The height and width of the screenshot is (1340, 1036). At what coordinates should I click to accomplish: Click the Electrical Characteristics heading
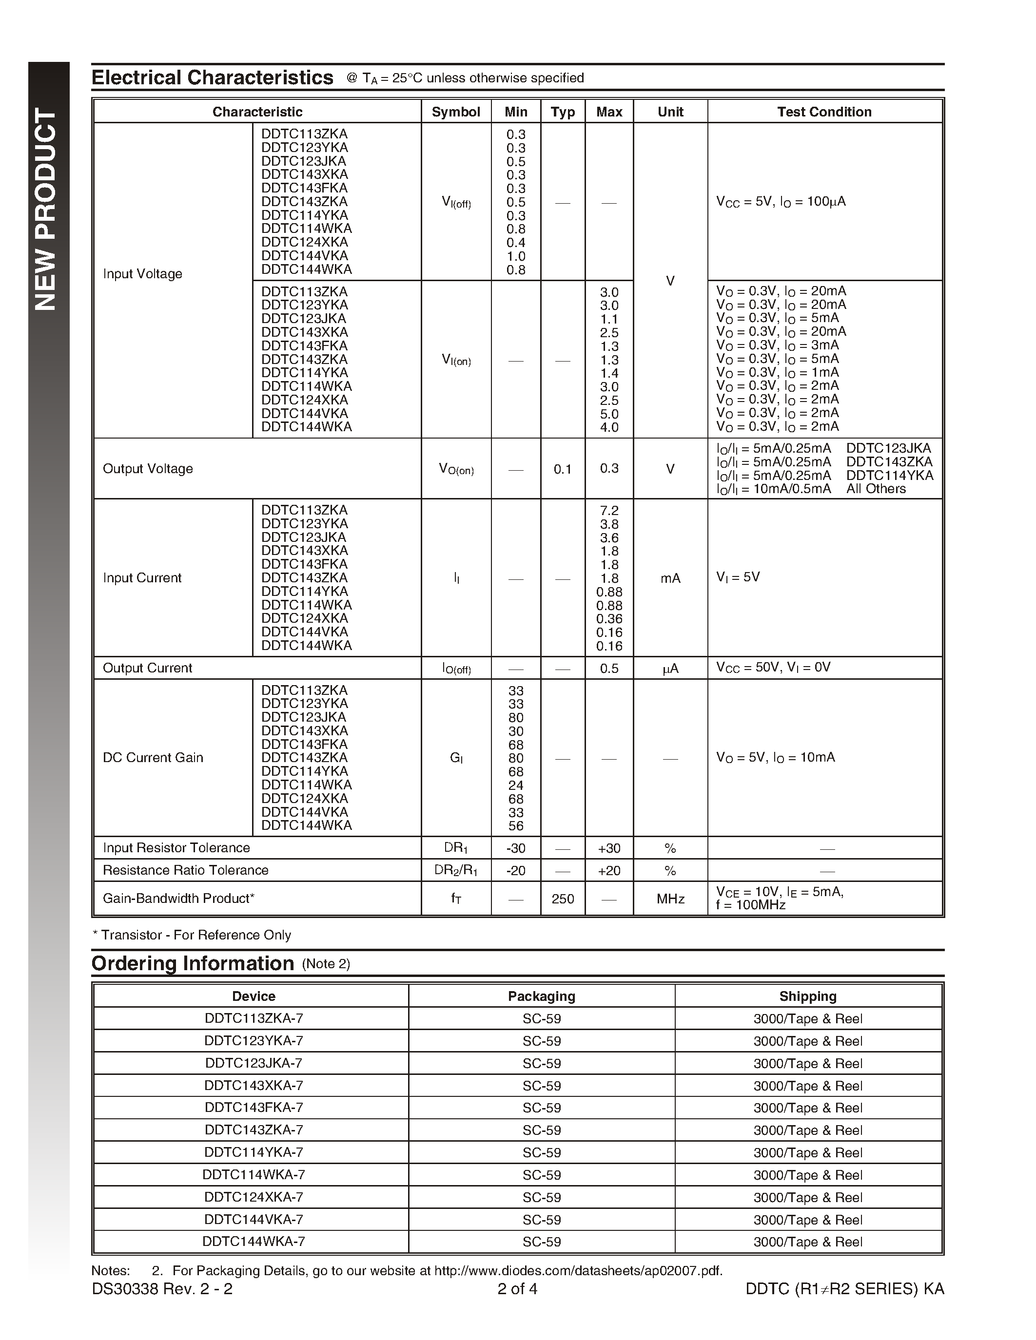213,78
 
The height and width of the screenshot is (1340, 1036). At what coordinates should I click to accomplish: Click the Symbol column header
455,112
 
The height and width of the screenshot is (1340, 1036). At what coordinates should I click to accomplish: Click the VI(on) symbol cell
456,360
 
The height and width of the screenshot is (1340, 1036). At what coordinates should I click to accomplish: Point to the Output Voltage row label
148,469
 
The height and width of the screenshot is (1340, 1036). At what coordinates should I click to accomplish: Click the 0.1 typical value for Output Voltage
562,469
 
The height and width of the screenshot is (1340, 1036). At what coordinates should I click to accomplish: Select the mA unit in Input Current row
670,578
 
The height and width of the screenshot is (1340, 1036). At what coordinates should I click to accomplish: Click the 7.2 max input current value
609,511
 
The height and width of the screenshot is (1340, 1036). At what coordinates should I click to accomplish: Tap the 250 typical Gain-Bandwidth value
562,899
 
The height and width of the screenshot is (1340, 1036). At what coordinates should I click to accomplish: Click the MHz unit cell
670,899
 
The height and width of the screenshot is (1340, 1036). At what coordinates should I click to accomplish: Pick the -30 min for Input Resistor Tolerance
515,848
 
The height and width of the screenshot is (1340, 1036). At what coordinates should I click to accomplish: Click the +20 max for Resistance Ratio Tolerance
609,871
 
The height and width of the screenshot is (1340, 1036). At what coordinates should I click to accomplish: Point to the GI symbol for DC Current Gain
456,758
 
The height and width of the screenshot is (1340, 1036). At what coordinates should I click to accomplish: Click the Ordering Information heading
193,963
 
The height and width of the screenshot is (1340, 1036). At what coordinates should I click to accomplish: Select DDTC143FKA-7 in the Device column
254,1108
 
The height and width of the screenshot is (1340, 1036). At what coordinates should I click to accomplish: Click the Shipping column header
808,996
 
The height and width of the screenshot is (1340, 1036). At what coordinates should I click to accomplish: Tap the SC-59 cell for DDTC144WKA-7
541,1242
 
